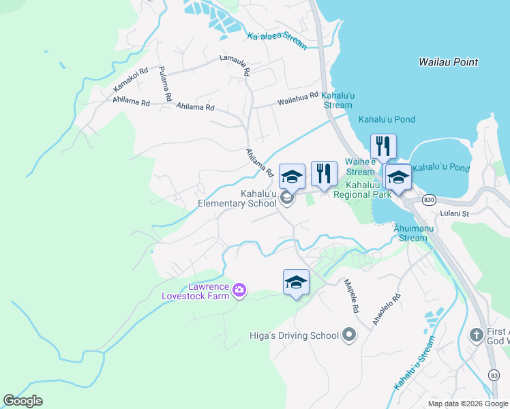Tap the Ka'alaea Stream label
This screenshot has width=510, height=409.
277,40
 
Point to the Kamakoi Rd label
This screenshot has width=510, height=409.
130,80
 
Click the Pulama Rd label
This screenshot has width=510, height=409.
164,83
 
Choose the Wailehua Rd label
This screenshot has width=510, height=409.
297,100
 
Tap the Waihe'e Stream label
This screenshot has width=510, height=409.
360,167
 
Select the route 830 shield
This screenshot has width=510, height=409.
428,200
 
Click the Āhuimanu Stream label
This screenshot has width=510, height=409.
412,234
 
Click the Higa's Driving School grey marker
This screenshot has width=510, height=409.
349,335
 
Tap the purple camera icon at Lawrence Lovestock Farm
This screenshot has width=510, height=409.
239,290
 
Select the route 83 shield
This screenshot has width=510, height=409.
494,376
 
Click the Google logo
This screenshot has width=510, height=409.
23,401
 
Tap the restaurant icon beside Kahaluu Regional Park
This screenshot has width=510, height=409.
324,175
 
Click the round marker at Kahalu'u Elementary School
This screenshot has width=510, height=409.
287,198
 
